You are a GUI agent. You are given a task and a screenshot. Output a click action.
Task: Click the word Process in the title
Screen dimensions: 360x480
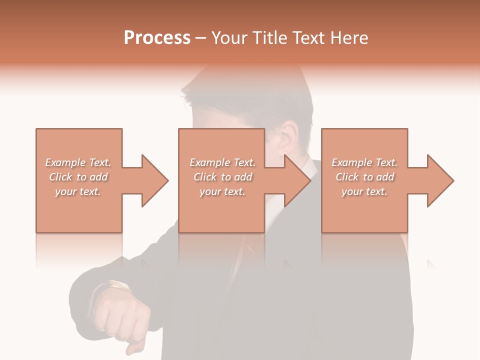pyautogui.click(x=157, y=38)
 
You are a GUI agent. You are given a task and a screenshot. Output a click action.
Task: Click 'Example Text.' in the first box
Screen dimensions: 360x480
pyautogui.click(x=78, y=162)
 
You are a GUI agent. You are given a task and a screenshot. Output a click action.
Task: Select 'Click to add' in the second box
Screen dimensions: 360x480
pyautogui.click(x=222, y=177)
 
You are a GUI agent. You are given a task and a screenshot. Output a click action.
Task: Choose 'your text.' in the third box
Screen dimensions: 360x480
pyautogui.click(x=364, y=191)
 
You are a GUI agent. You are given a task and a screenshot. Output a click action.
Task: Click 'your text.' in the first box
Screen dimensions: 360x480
pyautogui.click(x=78, y=191)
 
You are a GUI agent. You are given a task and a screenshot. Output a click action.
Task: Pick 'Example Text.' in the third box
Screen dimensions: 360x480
pyautogui.click(x=364, y=162)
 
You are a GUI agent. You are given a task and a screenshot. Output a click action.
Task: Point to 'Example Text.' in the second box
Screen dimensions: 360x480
pyautogui.click(x=222, y=162)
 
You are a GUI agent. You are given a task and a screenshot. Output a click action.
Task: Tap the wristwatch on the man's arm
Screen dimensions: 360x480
pyautogui.click(x=119, y=286)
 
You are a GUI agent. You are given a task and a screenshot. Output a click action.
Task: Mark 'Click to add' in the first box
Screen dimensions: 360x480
pyautogui.click(x=78, y=177)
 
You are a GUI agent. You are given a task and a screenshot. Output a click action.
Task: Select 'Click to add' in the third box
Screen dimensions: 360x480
pyautogui.click(x=364, y=177)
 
